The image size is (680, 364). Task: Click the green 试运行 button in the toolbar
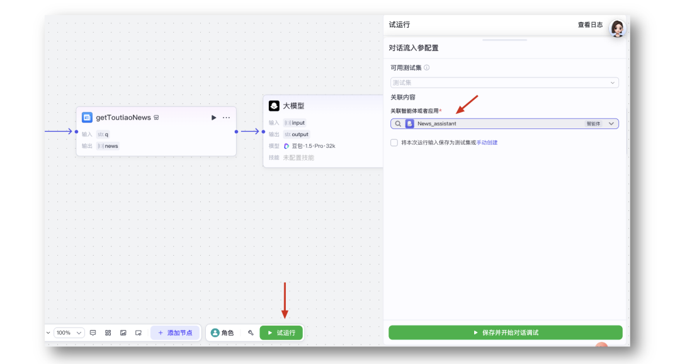point(281,333)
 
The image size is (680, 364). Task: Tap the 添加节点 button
point(175,333)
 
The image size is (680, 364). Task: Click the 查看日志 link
point(590,25)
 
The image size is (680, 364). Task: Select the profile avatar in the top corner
point(617,28)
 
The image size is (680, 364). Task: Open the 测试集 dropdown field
point(504,82)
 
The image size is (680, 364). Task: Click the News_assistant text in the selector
point(436,124)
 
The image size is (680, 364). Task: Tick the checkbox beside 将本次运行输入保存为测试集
point(394,142)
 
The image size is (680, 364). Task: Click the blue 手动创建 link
point(487,142)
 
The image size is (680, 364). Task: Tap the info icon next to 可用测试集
point(426,68)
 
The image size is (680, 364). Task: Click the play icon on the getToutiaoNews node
point(213,118)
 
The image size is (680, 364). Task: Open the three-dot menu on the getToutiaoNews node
point(226,118)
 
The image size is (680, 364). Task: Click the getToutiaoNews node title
point(123,118)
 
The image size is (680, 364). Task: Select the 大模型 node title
point(293,106)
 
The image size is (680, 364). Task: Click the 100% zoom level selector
point(69,333)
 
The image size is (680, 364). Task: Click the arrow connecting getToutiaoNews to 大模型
point(250,132)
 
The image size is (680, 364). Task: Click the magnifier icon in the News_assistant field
point(398,124)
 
